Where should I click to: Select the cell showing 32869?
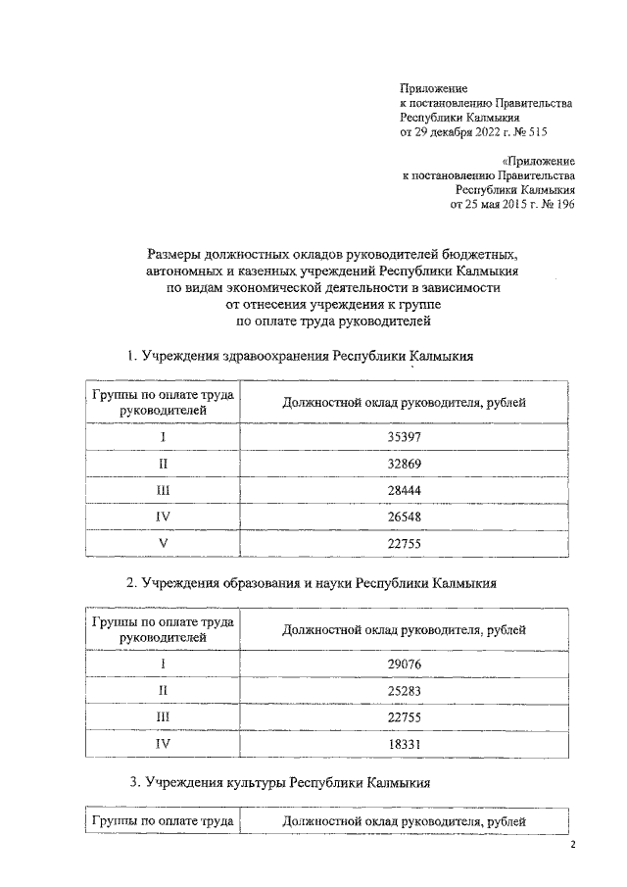pos(403,463)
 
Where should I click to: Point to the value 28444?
pos(403,489)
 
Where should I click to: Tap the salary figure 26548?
pos(403,516)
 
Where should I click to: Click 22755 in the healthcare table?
pos(403,542)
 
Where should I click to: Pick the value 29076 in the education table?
pos(403,664)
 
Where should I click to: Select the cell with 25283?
pos(403,690)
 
